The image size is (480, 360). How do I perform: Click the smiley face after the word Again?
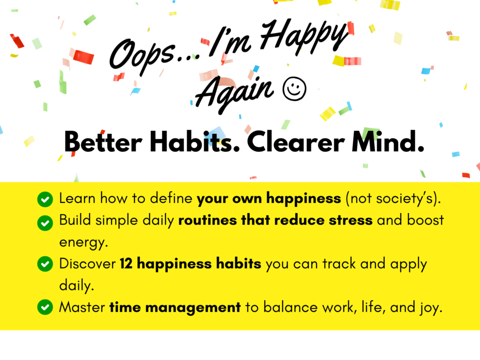point(294,89)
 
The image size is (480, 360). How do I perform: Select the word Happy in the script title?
point(305,37)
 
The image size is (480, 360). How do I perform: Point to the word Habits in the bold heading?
point(190,142)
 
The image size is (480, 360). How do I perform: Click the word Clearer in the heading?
point(296,142)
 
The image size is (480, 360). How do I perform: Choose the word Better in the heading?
point(103,142)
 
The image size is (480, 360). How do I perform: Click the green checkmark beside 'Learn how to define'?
point(45,199)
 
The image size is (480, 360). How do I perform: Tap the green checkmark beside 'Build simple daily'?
point(45,223)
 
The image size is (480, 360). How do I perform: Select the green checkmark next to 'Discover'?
point(45,263)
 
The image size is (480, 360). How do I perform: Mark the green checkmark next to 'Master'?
point(45,307)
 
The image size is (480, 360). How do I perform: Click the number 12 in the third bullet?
point(126,263)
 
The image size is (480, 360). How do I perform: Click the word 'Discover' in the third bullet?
point(88,263)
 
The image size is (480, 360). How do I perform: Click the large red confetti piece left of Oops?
point(83,57)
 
